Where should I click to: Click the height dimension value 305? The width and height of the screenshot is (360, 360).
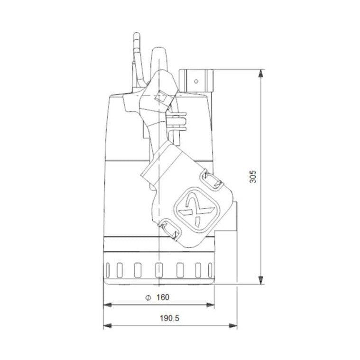click(x=253, y=178)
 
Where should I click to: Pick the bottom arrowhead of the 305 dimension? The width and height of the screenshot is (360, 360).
click(x=261, y=281)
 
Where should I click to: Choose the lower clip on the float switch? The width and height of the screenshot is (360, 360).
click(x=170, y=229)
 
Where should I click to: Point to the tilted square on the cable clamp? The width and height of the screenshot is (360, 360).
click(x=161, y=98)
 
